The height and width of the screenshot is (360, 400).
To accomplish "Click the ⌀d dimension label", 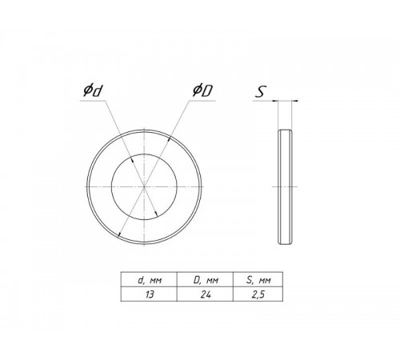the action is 93,90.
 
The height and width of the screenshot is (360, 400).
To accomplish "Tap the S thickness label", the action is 260,92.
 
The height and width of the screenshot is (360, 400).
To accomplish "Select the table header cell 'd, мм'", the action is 150,280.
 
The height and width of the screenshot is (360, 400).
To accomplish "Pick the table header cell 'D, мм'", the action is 206,280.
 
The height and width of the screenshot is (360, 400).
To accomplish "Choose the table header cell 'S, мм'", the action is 258,280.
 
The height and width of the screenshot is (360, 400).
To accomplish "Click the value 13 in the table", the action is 150,294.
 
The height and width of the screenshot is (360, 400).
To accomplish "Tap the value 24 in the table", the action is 206,294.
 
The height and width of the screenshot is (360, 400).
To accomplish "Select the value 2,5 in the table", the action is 258,294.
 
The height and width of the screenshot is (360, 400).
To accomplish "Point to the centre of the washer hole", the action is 144,186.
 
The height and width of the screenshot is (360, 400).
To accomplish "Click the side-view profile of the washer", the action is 285,186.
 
